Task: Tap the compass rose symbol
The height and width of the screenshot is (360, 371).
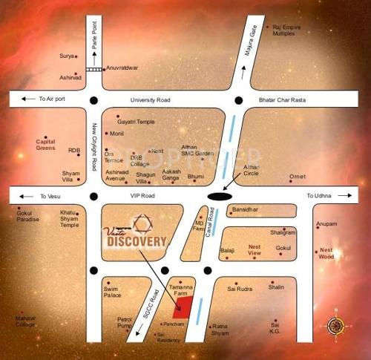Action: tap(336, 324)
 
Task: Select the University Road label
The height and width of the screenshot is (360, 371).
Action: tap(150, 100)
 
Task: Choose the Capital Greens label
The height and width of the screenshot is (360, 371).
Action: tap(45, 145)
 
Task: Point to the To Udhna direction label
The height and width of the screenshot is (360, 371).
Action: tap(321, 195)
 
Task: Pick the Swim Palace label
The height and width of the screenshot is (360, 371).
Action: tap(112, 292)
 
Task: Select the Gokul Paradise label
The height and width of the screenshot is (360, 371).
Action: tap(27, 217)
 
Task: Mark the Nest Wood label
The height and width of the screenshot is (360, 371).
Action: tap(326, 255)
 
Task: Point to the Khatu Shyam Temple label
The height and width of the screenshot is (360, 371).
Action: tap(70, 219)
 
